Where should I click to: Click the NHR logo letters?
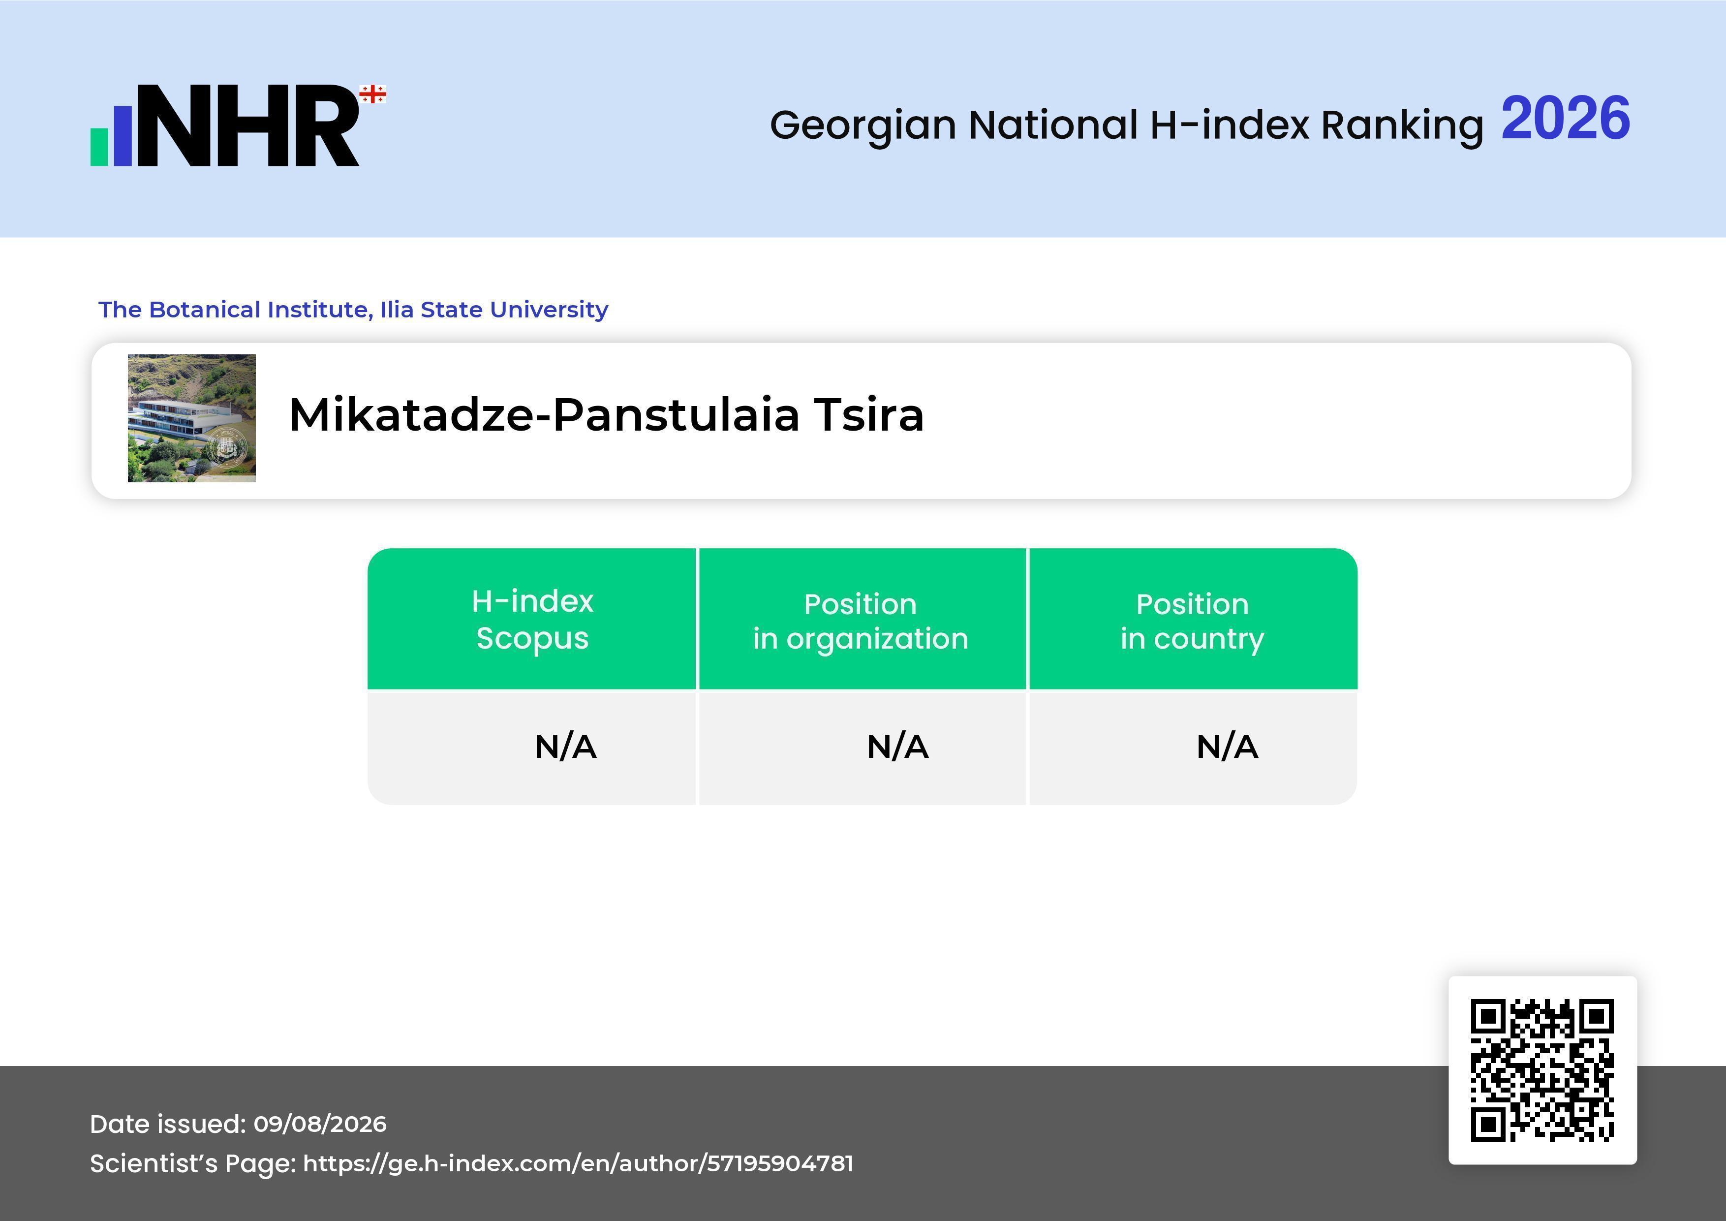(248, 125)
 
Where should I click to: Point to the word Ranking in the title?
(1402, 125)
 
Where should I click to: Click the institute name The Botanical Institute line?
(353, 309)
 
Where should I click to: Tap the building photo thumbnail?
(192, 418)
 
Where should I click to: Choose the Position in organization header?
(861, 621)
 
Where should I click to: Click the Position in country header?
(1192, 621)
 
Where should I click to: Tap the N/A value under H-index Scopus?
(565, 747)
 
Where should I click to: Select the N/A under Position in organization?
(897, 747)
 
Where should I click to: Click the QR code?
(1542, 1070)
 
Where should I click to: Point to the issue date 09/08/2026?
(320, 1124)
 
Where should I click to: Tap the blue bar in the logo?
(123, 134)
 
